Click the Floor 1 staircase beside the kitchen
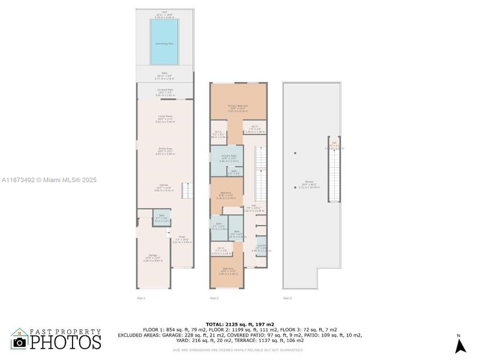pyautogui.click(x=188, y=191)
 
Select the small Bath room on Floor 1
pyautogui.click(x=159, y=217)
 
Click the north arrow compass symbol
pyautogui.click(x=460, y=345)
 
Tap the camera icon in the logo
pyautogui.click(x=20, y=343)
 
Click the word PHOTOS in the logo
pyautogui.click(x=65, y=342)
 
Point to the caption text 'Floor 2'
pyautogui.click(x=214, y=298)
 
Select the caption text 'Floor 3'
pyautogui.click(x=287, y=298)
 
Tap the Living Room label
pyautogui.click(x=165, y=118)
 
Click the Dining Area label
pyautogui.click(x=165, y=152)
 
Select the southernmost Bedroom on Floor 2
pyautogui.click(x=227, y=271)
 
